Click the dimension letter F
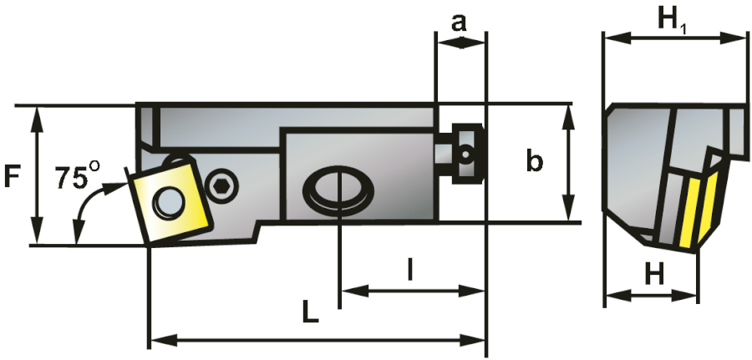12,177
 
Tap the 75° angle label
78,175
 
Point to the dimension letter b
535,160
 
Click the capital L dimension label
311,311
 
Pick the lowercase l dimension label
409,270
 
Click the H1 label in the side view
673,22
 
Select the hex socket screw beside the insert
221,185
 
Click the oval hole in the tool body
339,190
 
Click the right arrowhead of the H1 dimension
735,38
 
